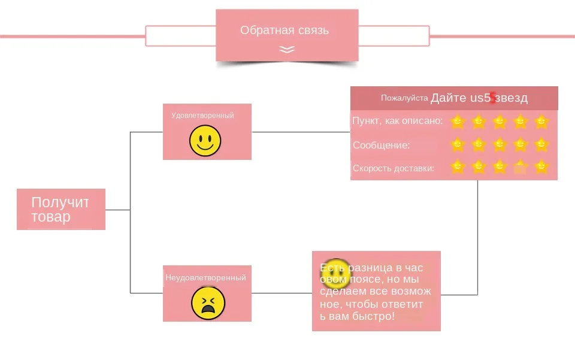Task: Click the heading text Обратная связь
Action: [285, 30]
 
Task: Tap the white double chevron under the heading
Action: [287, 50]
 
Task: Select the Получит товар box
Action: [60, 209]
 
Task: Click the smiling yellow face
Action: [205, 141]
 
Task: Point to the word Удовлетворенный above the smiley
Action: [202, 115]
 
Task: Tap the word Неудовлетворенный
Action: [205, 277]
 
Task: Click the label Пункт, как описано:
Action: [398, 121]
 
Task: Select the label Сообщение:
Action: [381, 145]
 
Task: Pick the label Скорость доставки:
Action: [394, 168]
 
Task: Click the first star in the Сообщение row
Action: [458, 144]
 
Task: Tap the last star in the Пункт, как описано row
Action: [541, 122]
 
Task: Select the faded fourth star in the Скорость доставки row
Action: [520, 168]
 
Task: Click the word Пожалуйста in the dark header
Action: [404, 98]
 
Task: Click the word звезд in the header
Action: [511, 98]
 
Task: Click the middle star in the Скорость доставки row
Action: [500, 167]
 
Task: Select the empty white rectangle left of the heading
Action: [180, 36]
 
